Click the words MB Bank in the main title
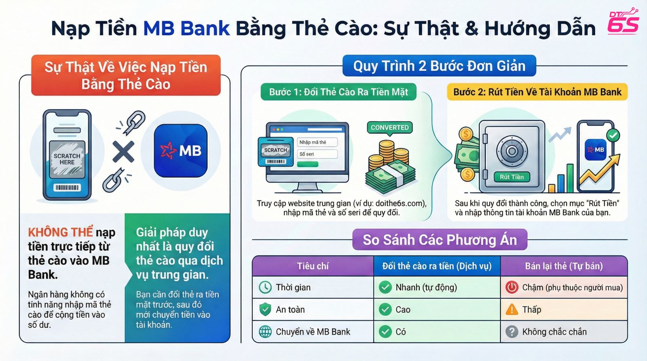(186, 28)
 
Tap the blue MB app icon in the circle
(180, 151)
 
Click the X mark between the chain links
(123, 152)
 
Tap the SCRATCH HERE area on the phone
(67, 159)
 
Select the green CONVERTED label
(389, 127)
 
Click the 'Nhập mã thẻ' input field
(317, 142)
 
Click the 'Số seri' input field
(317, 154)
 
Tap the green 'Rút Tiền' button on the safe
(512, 177)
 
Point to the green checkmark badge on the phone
(613, 135)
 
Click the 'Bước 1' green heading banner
(338, 92)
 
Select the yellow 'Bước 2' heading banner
(537, 92)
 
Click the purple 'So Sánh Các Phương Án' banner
(440, 240)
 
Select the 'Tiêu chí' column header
(313, 266)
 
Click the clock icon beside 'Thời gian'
(265, 287)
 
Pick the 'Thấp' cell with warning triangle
(564, 310)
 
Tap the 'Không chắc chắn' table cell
(564, 332)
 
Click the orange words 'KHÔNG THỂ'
(60, 232)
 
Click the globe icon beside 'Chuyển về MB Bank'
(265, 332)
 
